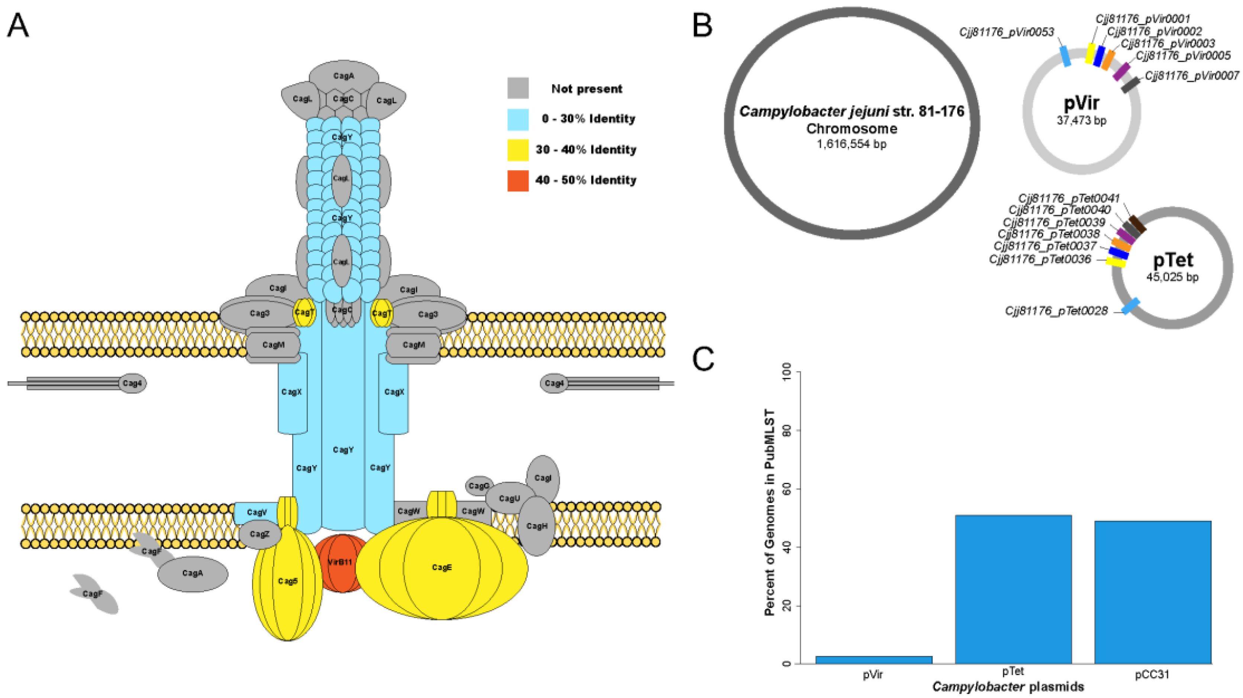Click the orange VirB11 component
342,563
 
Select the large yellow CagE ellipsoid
442,567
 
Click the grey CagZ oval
259,534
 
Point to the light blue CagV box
256,512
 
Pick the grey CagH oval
537,526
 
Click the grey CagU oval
510,498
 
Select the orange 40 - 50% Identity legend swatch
518,181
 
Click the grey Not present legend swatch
518,89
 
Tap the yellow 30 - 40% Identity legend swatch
518,150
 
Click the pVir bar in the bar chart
874,660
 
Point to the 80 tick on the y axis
788,430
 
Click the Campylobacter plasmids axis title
1008,687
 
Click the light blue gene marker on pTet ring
1130,306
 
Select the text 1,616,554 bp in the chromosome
851,144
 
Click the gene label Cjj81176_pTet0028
1056,311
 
